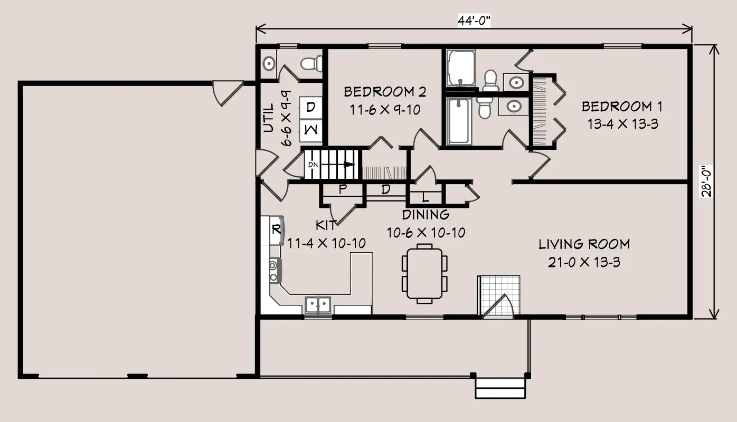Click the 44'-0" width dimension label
[474, 21]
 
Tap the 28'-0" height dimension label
[706, 181]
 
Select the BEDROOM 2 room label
[385, 92]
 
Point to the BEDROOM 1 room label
[622, 107]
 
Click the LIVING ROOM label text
[584, 244]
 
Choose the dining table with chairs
[424, 273]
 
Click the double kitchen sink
[318, 305]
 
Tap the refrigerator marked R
[277, 230]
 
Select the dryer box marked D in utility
[310, 108]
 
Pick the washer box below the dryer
[310, 130]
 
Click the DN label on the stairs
[313, 165]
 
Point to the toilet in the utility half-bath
[311, 63]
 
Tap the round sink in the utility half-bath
[269, 63]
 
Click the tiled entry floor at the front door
[499, 296]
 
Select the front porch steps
[500, 388]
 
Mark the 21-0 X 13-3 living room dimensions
[584, 262]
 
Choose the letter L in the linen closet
[426, 197]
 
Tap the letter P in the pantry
[343, 189]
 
